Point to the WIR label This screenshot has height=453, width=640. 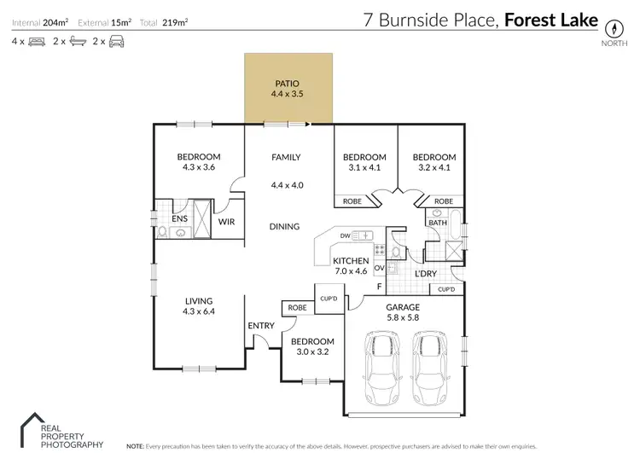pos(227,221)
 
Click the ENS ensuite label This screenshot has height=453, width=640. pos(179,219)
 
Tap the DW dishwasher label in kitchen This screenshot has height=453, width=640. pos(345,235)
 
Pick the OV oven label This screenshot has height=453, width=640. pos(378,268)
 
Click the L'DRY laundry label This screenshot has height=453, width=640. pos(426,274)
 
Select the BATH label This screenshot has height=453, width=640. pos(438,223)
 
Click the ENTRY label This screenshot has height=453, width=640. pos(260,325)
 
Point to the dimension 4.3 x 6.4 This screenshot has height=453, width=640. pos(199,313)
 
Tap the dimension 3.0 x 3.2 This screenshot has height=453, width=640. pos(311,351)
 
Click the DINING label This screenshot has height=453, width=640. pos(284,227)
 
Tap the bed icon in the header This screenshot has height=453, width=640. pos(36,41)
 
